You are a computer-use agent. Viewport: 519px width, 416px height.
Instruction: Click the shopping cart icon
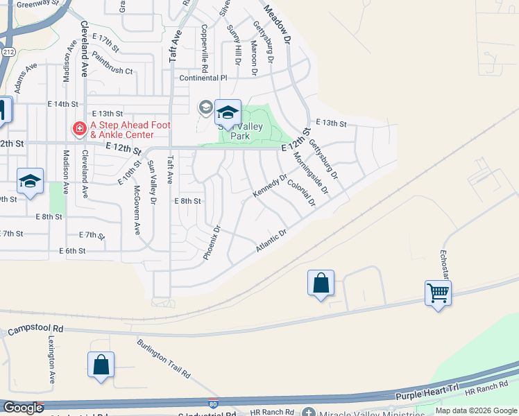439,293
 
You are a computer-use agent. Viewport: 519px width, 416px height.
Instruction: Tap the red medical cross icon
79,129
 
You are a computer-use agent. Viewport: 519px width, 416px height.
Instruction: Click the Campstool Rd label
35,330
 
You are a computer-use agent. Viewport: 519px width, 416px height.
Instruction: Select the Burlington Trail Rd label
164,358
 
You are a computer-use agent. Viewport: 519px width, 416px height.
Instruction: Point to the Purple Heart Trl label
427,393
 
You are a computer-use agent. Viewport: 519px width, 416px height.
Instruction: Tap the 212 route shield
8,51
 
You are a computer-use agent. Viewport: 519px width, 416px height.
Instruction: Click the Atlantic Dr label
271,241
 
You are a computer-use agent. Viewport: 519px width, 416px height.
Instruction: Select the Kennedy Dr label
269,185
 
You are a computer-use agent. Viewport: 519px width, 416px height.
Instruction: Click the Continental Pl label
203,78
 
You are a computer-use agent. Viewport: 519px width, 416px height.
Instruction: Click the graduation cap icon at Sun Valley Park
228,112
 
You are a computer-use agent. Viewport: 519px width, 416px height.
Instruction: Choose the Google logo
23,408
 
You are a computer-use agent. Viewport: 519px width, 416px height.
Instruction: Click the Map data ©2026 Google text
476,410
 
